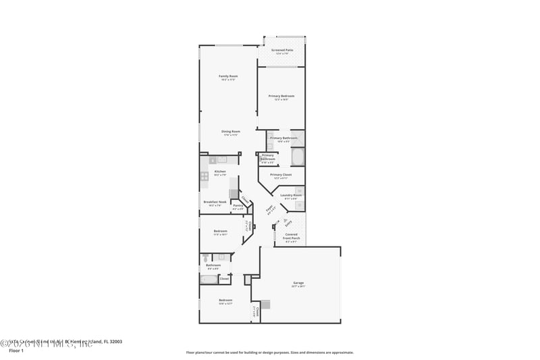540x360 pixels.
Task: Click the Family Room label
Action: point(227,76)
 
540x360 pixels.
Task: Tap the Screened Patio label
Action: point(282,51)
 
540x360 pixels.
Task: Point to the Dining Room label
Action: point(231,132)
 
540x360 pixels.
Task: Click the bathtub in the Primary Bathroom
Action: point(298,157)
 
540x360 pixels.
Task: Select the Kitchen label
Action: point(220,172)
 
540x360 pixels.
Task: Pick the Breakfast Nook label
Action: point(215,203)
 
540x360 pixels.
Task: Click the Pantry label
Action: point(238,206)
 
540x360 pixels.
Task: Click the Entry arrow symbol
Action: point(286,221)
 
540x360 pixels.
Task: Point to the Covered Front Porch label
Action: point(291,237)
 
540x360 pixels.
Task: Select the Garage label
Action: point(298,284)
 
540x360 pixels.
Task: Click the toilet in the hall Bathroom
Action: point(205,257)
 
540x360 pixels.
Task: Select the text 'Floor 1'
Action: point(16,351)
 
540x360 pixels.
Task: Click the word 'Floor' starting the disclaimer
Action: point(191,352)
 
